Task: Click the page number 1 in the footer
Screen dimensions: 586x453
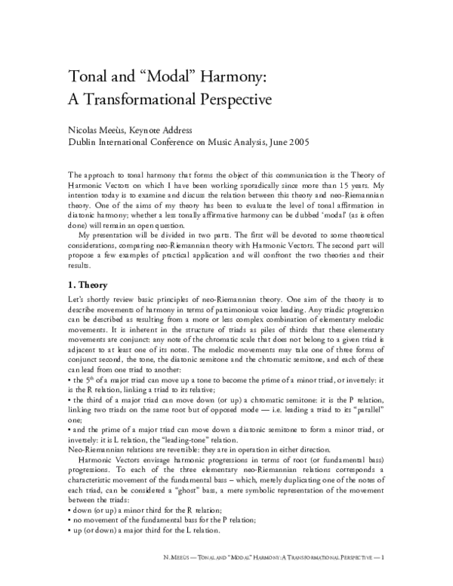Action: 384,576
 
